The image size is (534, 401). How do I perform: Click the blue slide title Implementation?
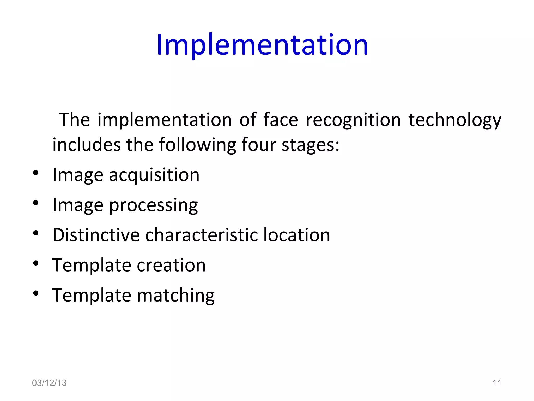point(262,45)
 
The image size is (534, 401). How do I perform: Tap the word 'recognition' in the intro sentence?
point(353,120)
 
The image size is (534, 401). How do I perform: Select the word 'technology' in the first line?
point(455,120)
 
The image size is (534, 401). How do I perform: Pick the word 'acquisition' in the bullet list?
point(154,175)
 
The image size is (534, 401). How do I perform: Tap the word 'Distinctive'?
point(96,235)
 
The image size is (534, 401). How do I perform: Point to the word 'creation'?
point(171,265)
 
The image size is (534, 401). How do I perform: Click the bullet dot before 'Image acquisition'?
point(36,173)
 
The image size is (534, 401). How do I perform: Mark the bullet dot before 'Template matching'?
point(36,293)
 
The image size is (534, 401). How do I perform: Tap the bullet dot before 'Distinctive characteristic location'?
point(36,233)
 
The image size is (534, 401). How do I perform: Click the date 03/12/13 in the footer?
point(49,383)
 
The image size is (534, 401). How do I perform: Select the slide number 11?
point(497,383)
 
